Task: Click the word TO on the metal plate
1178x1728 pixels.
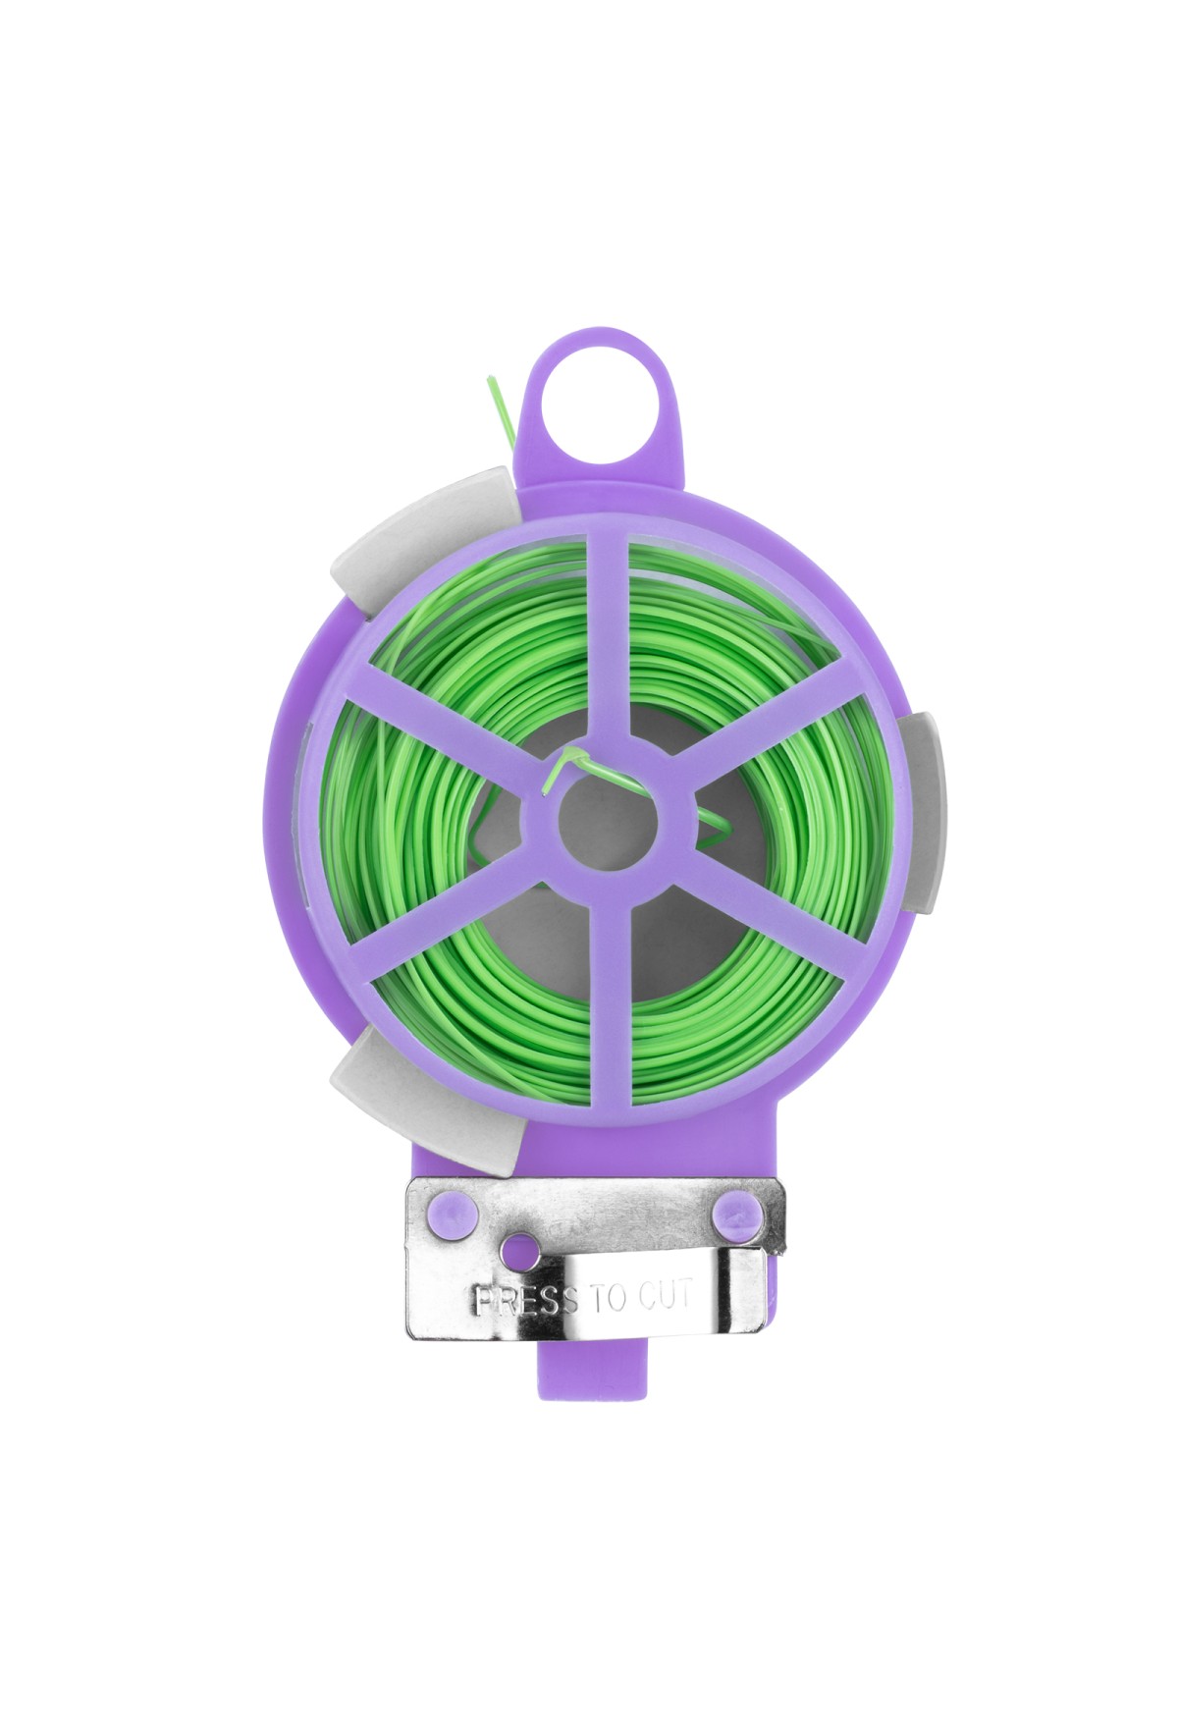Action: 609,1299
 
